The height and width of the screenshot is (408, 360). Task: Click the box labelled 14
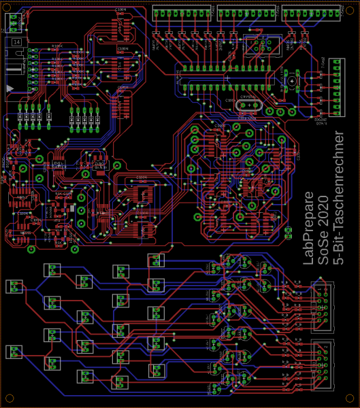click(x=16, y=42)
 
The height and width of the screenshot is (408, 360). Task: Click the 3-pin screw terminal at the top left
click(x=15, y=22)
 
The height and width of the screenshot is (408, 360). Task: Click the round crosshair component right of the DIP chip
click(x=293, y=81)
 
